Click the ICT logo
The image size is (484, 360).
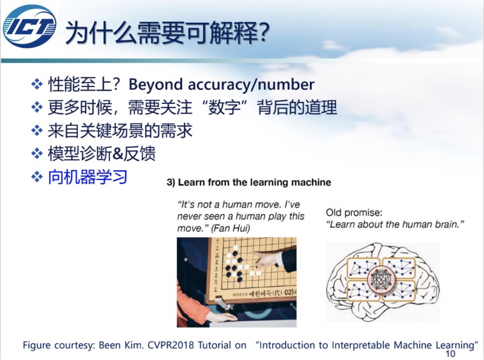30,27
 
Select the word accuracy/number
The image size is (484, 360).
251,85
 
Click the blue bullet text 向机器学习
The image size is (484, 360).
88,177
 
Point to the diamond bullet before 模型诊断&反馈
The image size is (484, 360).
37,153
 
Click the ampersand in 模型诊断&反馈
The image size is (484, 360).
118,154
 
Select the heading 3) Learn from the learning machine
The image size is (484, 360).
249,182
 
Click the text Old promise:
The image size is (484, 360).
354,212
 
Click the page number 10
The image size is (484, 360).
450,354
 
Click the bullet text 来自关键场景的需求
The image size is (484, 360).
120,131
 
